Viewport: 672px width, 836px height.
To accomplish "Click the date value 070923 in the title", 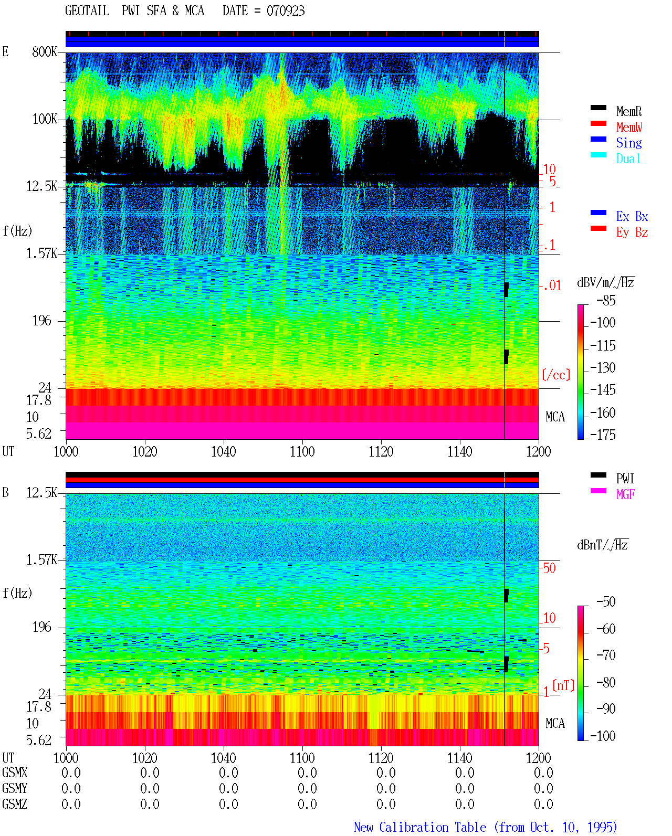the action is (285, 10).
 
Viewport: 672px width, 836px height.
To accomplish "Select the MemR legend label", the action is (628, 111).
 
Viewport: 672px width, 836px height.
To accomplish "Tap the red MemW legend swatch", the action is (598, 123).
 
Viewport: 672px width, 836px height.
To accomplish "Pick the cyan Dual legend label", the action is (628, 158).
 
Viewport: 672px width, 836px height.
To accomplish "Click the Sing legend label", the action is (628, 143).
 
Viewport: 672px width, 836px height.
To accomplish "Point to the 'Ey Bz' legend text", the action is (632, 232).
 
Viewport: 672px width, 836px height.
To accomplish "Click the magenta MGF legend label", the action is (625, 494).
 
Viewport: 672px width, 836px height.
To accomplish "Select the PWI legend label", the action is (625, 478).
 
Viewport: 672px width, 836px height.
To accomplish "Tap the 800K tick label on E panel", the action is (45, 51).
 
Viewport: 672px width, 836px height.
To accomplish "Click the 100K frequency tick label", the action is (45, 119).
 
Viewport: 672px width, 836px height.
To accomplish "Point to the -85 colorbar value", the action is (606, 301).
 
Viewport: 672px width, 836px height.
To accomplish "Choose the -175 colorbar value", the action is (603, 435).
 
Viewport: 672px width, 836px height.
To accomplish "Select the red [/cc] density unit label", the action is (556, 375).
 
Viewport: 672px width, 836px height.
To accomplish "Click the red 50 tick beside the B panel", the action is (549, 568).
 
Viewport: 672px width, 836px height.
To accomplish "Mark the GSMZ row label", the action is (15, 804).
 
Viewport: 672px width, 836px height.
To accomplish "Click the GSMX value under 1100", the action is (307, 772).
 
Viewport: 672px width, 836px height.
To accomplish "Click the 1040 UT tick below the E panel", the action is (224, 451).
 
